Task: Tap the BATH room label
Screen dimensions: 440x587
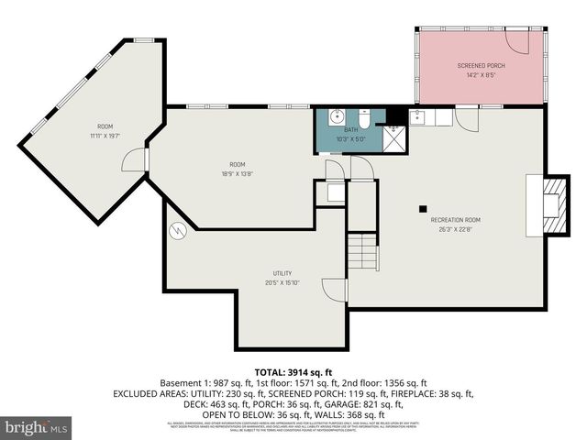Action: [351, 130]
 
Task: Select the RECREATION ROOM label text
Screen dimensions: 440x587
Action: [455, 220]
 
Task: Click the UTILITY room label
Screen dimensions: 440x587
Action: [282, 273]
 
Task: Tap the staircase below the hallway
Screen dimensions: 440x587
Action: [366, 250]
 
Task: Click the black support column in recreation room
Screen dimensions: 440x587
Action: [423, 207]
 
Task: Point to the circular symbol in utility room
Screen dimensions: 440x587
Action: [178, 231]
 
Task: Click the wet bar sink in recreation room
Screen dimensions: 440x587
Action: [418, 116]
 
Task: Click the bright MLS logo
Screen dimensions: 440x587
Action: [37, 427]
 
